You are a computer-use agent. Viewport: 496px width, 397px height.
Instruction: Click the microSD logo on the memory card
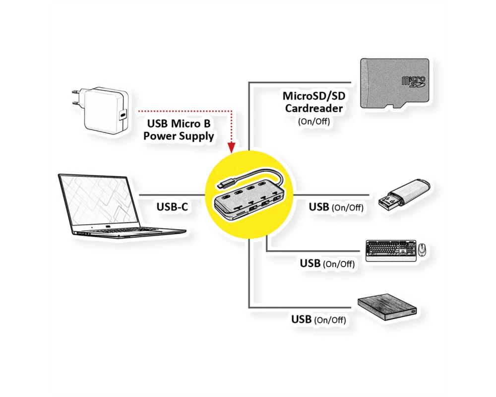413,81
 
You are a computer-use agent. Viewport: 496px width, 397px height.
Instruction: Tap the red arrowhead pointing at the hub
232,147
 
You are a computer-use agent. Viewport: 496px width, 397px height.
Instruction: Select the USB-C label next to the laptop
172,207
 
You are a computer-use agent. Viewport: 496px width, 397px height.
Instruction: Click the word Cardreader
314,108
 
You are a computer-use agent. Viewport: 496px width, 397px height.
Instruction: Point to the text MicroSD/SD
314,96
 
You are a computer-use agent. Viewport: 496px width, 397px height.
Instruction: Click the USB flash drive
404,196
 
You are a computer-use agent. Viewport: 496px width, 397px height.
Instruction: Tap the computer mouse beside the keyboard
422,250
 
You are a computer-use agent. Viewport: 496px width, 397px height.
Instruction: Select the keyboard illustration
391,251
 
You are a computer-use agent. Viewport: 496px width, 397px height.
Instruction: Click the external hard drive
387,307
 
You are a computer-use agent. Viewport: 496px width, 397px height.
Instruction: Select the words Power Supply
179,136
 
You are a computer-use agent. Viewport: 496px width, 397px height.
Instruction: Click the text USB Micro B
179,123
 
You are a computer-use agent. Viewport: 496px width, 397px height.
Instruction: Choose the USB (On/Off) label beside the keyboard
327,264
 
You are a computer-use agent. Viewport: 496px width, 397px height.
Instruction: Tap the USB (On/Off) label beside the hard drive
318,320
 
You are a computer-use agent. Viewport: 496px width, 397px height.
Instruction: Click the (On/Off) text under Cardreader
314,121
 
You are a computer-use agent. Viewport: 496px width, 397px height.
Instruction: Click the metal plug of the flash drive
388,201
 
